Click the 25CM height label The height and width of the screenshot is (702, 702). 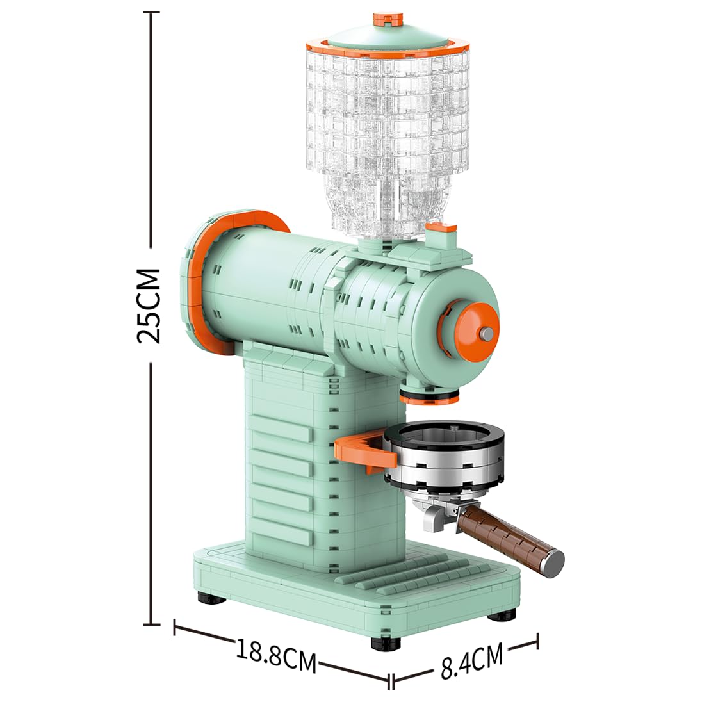point(149,306)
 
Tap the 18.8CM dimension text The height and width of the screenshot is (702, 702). point(276,655)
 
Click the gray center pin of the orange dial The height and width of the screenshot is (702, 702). point(487,332)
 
